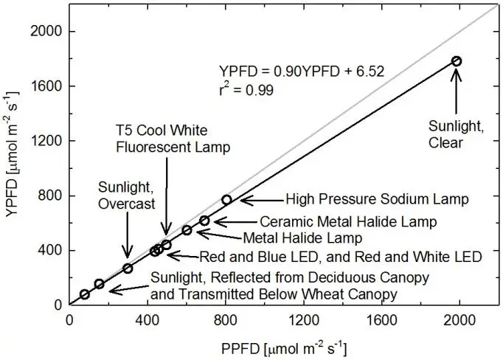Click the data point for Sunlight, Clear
[x=457, y=61]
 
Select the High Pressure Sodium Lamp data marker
[x=226, y=199]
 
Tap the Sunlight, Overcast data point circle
[x=128, y=269]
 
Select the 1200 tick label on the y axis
[x=46, y=141]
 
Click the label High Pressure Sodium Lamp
[x=366, y=199]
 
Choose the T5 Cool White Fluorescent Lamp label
[x=172, y=139]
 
